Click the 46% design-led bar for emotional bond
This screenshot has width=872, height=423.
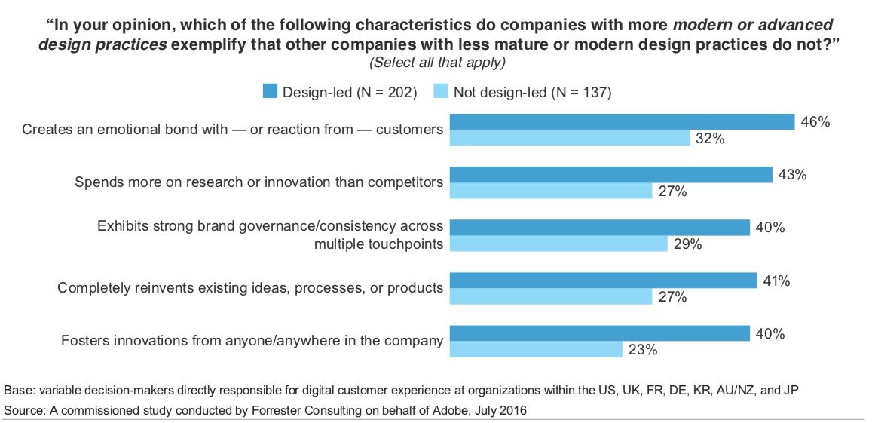pos(622,122)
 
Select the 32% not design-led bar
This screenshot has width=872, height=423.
pos(570,138)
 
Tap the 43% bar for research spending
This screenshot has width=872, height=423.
pos(610,175)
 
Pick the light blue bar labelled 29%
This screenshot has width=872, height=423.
pos(558,244)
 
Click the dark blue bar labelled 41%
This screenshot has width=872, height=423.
pos(603,280)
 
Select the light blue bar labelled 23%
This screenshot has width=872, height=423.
pos(536,349)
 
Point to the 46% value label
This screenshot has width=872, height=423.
pos(815,121)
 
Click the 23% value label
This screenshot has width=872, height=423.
pos(642,350)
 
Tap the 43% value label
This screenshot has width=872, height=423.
pos(792,175)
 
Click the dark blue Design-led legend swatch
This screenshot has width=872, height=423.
pos(270,92)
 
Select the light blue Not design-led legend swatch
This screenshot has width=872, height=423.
pos(440,92)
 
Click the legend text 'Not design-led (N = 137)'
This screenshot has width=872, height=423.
pos(531,93)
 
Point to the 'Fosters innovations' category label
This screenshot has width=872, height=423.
pos(252,340)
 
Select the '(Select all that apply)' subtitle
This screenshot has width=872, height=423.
pos(436,61)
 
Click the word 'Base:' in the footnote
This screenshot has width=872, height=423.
pos(19,391)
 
